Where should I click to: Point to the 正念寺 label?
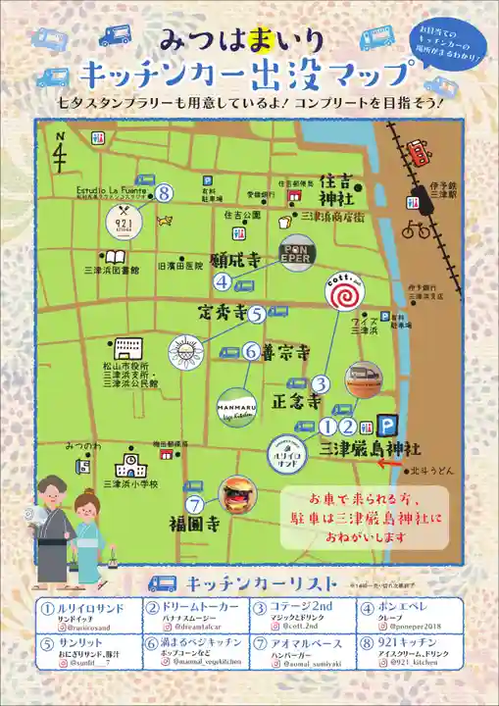click(x=295, y=401)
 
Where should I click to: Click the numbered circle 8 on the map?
click(x=165, y=193)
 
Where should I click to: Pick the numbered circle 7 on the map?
click(x=194, y=505)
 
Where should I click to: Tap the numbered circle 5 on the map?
click(x=256, y=315)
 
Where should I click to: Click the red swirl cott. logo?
click(x=345, y=290)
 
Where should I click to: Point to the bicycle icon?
click(x=415, y=229)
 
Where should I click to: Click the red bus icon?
click(x=419, y=154)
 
